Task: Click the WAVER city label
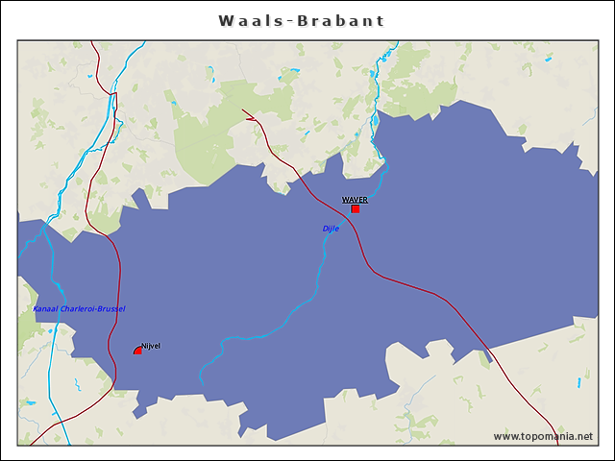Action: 355,200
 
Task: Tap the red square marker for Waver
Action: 355,208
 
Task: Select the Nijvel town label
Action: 151,345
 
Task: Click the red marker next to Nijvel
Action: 137,352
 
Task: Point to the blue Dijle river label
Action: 331,229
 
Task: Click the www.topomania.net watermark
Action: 543,436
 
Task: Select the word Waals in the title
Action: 244,20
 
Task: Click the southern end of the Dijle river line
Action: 201,380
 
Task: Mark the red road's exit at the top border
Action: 92,42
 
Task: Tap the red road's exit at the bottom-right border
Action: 555,444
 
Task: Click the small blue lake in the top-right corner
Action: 547,61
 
